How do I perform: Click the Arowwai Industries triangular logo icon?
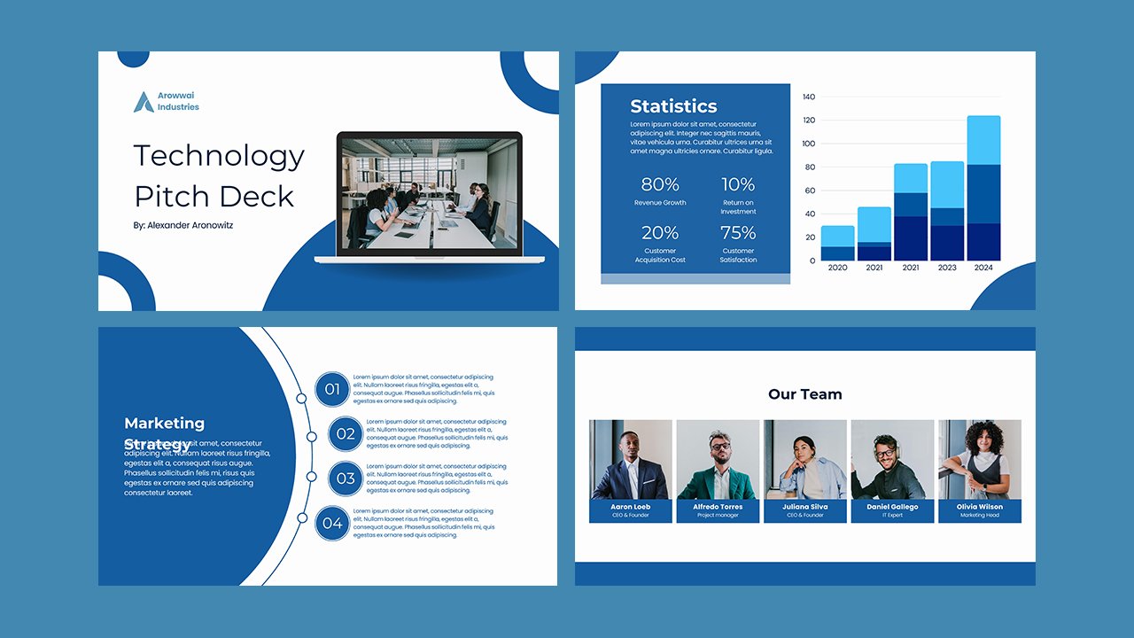pos(143,102)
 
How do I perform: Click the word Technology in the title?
pos(219,156)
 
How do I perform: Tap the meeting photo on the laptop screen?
pos(430,192)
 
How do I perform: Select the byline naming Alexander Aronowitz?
pos(183,225)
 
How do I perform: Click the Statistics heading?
pos(673,106)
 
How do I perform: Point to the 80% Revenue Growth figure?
pos(660,184)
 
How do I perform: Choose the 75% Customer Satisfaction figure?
pos(738,233)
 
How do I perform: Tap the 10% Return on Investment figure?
pos(738,184)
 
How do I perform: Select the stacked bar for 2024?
pos(983,188)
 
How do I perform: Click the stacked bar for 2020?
pos(837,243)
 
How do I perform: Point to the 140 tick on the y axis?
pos(808,97)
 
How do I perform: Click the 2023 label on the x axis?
pos(947,268)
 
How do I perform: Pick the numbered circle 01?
pos(332,389)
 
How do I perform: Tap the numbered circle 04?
pos(332,523)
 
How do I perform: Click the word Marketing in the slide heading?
pos(164,424)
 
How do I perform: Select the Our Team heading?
pos(805,394)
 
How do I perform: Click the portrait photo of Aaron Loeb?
pos(630,459)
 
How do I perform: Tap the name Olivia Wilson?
pos(979,507)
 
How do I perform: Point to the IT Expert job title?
pos(892,515)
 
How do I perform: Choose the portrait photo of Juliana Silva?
pos(804,459)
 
